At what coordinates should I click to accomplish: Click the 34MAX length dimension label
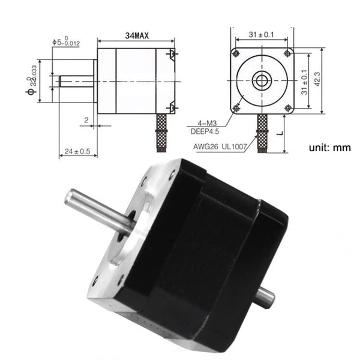[x=137, y=37]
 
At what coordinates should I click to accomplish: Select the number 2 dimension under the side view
[x=88, y=120]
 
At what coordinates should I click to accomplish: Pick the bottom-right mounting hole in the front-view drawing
[x=288, y=107]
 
